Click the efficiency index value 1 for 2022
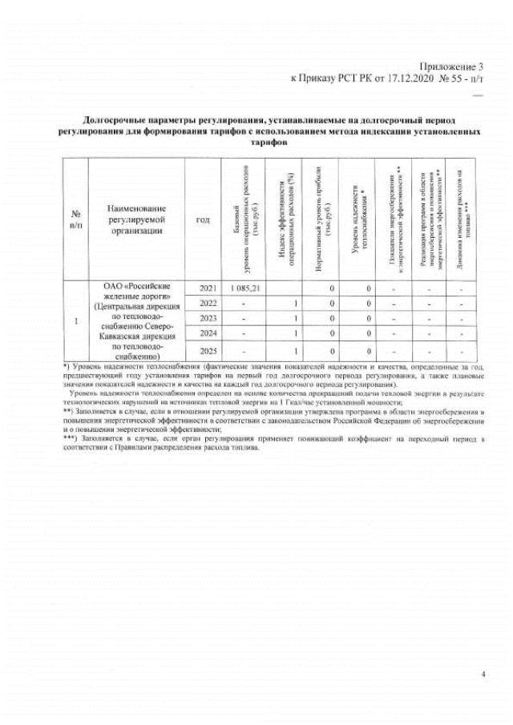coord(296,303)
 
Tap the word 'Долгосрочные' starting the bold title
coord(114,118)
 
